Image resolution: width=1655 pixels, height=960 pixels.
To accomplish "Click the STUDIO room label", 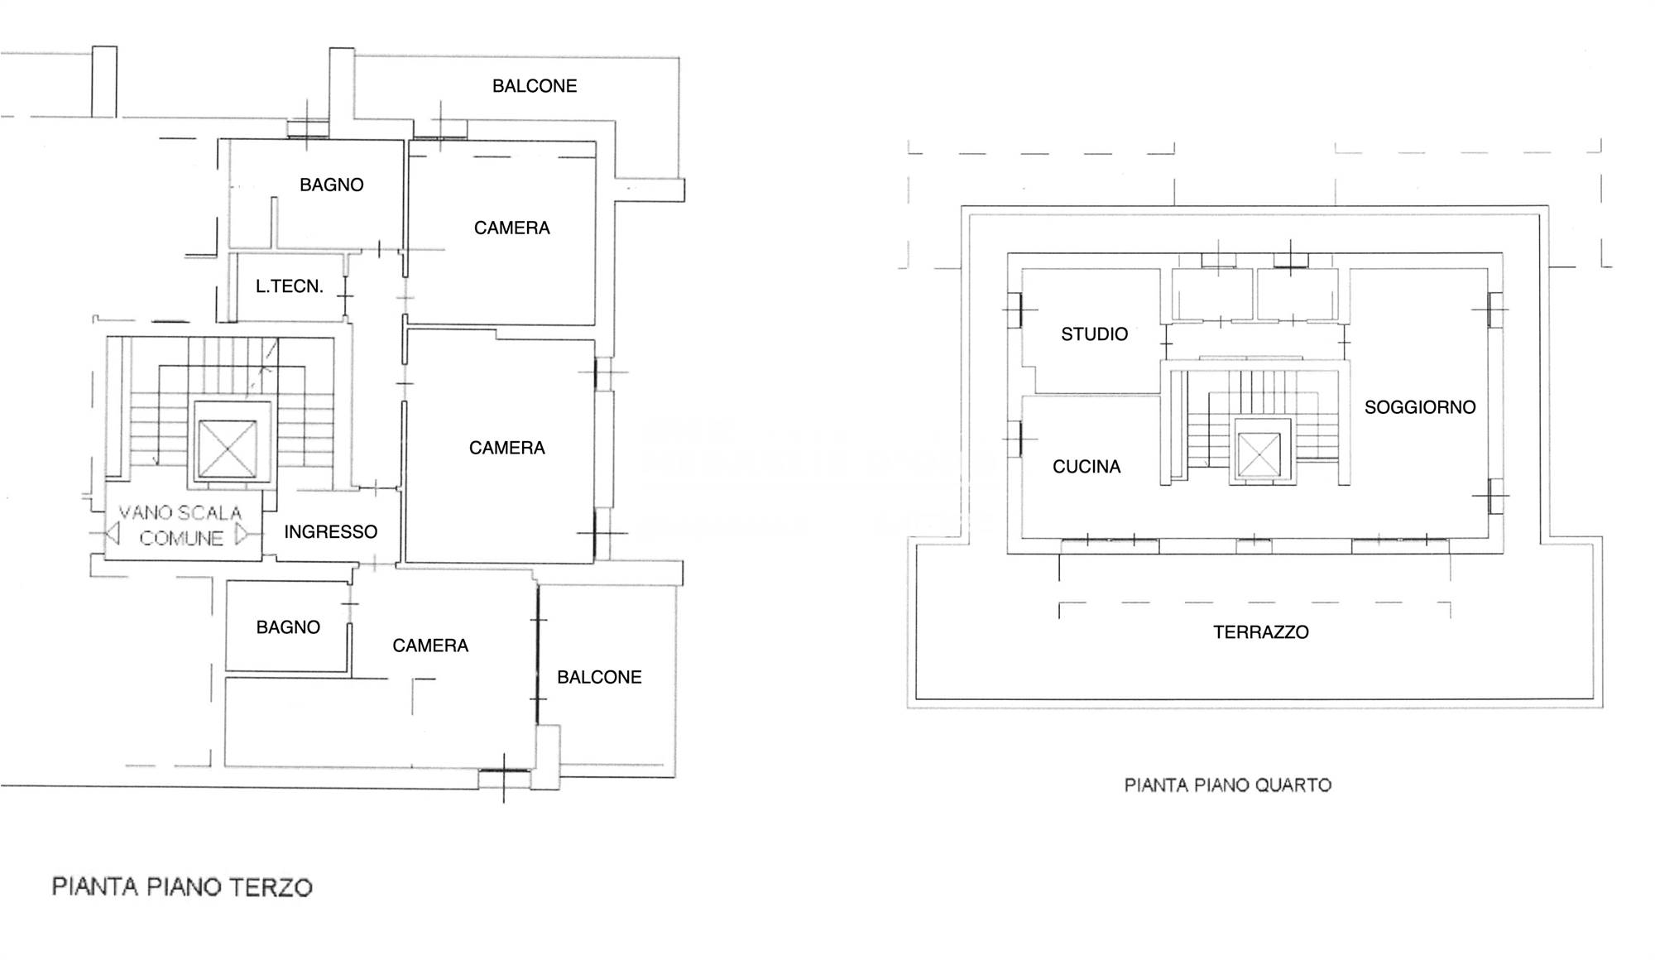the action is click(x=1094, y=334).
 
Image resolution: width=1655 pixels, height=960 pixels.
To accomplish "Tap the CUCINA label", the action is click(x=1087, y=467).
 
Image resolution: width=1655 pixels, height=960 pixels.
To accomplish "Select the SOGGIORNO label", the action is click(x=1420, y=407).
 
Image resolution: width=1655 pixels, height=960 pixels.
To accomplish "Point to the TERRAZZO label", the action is click(x=1261, y=632).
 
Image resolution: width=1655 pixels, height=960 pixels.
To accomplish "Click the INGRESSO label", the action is click(x=331, y=531).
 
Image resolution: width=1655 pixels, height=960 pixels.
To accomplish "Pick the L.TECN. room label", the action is click(x=290, y=286).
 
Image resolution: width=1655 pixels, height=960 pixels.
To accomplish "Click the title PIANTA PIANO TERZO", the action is click(x=182, y=887).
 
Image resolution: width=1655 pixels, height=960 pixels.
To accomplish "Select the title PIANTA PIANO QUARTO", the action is click(x=1228, y=785).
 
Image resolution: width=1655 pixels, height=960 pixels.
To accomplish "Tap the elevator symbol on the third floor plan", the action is click(x=228, y=449).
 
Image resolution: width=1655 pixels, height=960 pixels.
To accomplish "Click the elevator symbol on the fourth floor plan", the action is click(x=1259, y=455).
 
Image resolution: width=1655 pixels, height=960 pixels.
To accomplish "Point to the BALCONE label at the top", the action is click(x=535, y=86).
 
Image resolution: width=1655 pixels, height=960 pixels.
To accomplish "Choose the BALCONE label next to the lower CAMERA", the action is click(x=599, y=677).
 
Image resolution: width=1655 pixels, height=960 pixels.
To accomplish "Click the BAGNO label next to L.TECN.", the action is click(x=332, y=185).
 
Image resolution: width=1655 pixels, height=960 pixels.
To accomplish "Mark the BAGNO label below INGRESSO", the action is click(x=288, y=627).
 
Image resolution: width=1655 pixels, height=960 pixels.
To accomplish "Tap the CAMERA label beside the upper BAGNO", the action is click(x=512, y=228).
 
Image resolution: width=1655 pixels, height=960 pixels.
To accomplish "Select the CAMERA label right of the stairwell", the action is click(x=507, y=448).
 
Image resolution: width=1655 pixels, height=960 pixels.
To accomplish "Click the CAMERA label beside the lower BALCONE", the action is click(x=430, y=646).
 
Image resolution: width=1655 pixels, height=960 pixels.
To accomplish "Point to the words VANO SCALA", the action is click(x=180, y=513).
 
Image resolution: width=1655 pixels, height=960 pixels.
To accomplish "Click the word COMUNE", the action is click(x=181, y=539).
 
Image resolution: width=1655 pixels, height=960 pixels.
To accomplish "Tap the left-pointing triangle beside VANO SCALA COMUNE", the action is click(x=113, y=534).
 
